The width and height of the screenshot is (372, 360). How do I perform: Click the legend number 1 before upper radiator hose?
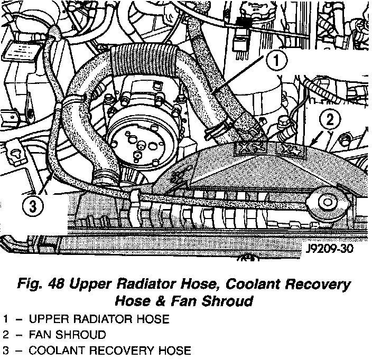5,319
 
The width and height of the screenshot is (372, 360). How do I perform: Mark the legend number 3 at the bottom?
5,350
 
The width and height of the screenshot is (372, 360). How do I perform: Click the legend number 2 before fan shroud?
5,335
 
